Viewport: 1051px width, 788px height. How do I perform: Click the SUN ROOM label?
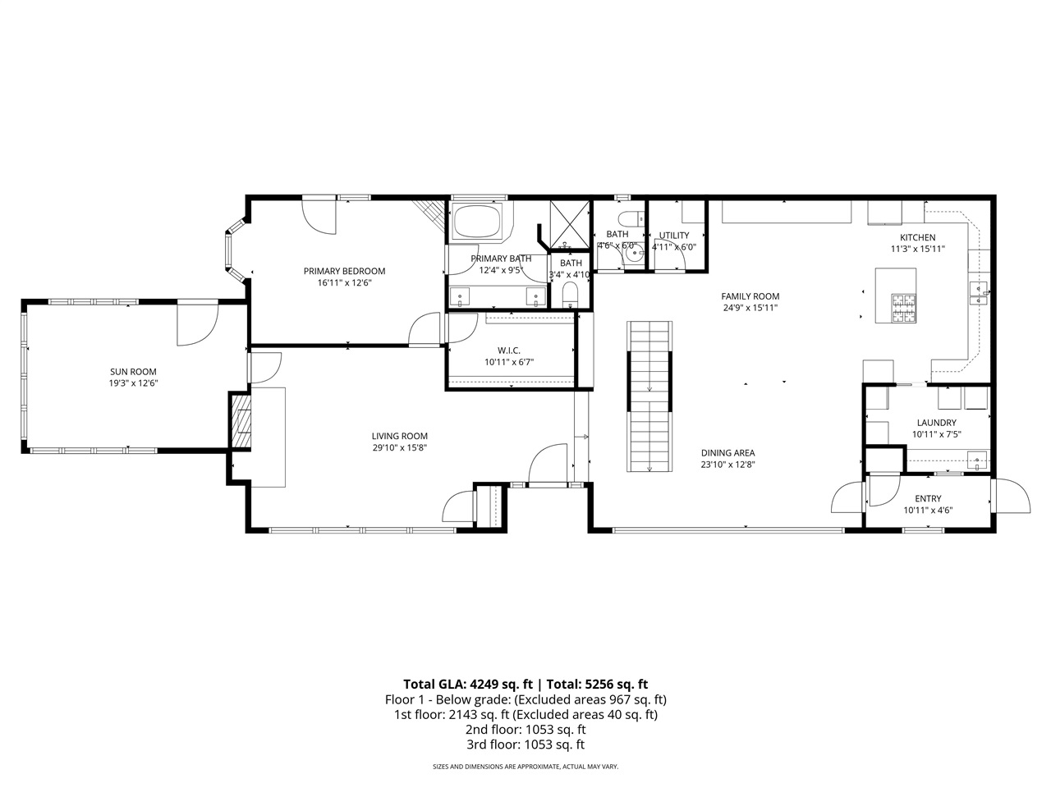(x=133, y=372)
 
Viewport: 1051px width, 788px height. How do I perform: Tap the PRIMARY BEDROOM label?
(x=344, y=272)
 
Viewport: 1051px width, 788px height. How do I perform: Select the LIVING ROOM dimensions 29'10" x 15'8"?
(x=399, y=447)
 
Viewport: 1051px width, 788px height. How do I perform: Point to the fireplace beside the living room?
(x=240, y=421)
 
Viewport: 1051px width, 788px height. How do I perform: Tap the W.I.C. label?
(x=508, y=350)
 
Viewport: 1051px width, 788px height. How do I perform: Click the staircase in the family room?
(x=650, y=396)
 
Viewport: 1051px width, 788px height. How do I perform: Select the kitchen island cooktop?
(x=903, y=308)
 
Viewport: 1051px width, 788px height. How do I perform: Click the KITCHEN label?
(x=917, y=237)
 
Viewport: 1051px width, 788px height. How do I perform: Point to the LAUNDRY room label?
(x=936, y=423)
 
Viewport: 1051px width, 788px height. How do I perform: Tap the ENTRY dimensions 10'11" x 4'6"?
(x=928, y=510)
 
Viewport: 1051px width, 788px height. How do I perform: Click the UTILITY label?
(x=673, y=236)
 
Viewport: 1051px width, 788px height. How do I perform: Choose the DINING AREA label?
(x=727, y=453)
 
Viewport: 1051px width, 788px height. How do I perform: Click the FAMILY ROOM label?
(x=750, y=296)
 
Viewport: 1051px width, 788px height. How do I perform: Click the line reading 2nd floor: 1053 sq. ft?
(x=525, y=730)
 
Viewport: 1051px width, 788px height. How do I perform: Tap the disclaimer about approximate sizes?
(x=525, y=767)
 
